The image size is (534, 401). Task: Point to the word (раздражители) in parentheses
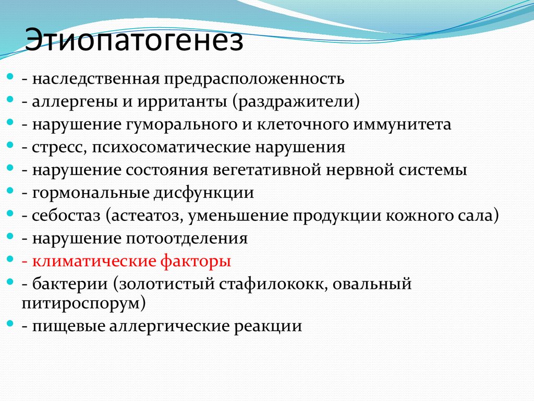click(297, 102)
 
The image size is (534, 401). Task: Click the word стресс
click(58, 148)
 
